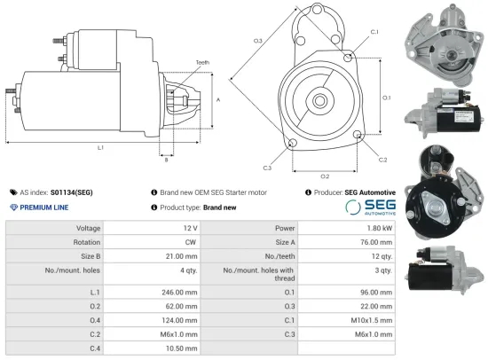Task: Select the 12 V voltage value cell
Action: point(183,228)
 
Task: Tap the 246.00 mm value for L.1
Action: point(175,291)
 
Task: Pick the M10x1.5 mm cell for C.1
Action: point(373,322)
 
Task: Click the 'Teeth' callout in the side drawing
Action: point(202,62)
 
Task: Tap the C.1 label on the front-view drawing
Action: point(374,32)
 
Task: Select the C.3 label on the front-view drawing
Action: point(267,167)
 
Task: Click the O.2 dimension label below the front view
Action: point(325,176)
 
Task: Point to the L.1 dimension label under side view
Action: point(100,146)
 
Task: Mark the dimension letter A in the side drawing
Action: point(218,100)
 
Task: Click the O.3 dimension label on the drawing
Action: point(257,41)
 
